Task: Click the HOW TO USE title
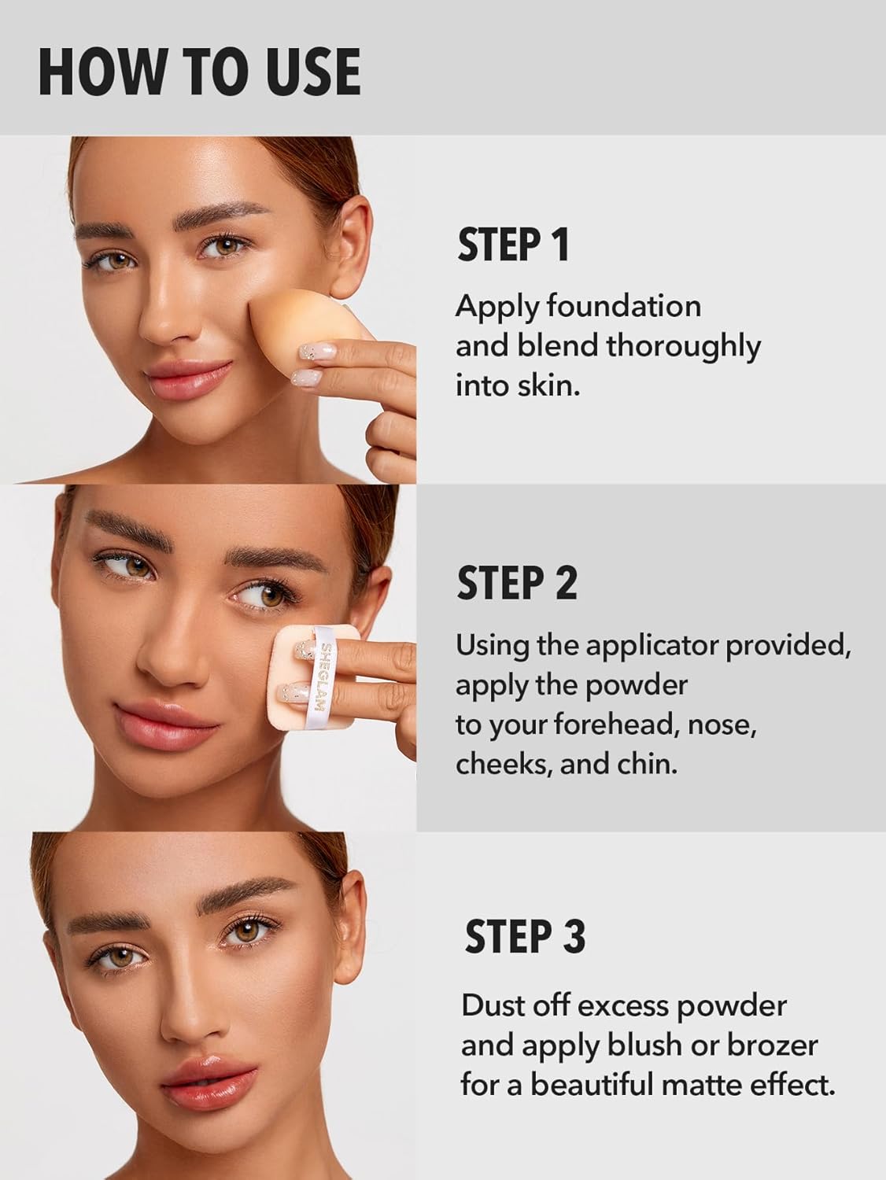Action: (x=199, y=72)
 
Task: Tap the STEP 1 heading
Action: (x=513, y=245)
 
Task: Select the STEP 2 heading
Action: (x=517, y=583)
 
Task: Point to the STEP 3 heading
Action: (x=525, y=937)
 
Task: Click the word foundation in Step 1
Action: (x=623, y=306)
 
